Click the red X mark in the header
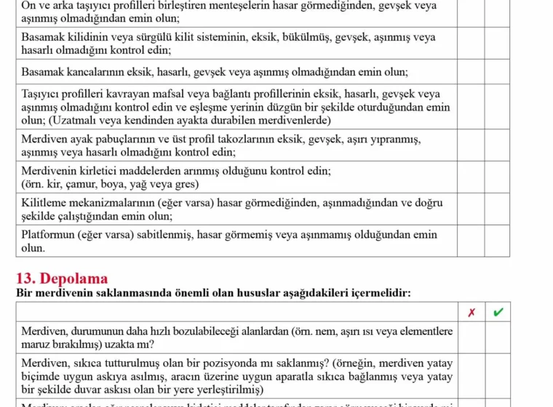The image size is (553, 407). pyautogui.click(x=472, y=313)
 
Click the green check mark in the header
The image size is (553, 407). pyautogui.click(x=498, y=313)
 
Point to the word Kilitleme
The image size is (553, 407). pyautogui.click(x=44, y=203)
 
